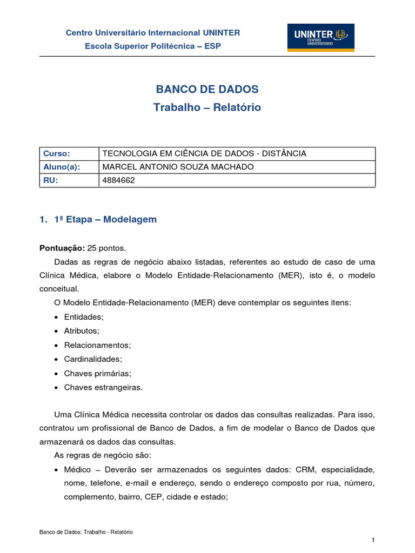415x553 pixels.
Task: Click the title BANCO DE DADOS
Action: tap(207, 90)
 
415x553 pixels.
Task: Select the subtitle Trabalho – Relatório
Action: tap(207, 107)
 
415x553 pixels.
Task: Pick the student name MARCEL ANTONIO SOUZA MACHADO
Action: tap(178, 167)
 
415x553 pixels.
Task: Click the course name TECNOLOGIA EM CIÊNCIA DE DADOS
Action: tap(204, 153)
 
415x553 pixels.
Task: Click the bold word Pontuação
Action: tap(62, 248)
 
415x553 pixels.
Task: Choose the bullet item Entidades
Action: tap(83, 317)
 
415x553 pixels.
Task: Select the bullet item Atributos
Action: tap(82, 331)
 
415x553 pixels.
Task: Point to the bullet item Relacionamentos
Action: tap(97, 345)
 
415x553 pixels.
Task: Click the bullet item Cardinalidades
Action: tap(93, 359)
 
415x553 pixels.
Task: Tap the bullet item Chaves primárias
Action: tap(97, 373)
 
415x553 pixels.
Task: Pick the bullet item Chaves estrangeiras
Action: tap(103, 387)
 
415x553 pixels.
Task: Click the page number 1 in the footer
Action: tap(373, 541)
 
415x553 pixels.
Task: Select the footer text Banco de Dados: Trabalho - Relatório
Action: tap(86, 532)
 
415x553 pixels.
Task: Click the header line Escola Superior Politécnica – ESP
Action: tap(153, 46)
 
